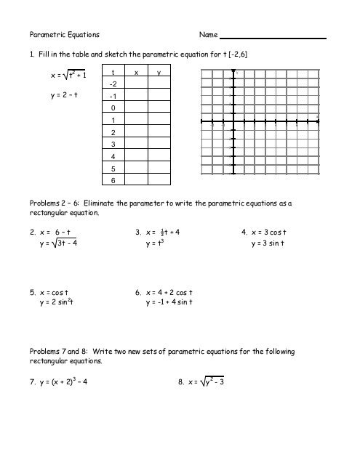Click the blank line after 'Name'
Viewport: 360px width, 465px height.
(x=273, y=36)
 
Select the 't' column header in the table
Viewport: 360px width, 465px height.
(x=113, y=73)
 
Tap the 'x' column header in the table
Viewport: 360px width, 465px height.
(x=136, y=73)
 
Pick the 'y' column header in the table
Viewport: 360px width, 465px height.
(x=159, y=73)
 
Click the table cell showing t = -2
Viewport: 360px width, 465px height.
(x=113, y=84)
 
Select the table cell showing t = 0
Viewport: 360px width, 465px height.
(x=113, y=108)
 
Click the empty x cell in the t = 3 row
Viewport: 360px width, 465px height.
(x=136, y=144)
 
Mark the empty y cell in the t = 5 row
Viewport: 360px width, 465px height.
(x=159, y=168)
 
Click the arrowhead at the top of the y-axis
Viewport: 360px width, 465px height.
(x=232, y=71)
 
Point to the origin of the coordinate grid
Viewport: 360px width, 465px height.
(x=232, y=121)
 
